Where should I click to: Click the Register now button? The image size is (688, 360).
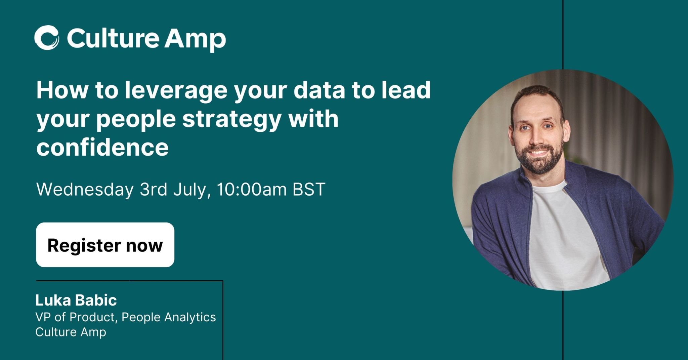(x=105, y=245)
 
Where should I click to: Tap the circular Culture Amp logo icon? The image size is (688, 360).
(x=47, y=38)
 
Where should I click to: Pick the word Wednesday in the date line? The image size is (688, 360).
(x=85, y=189)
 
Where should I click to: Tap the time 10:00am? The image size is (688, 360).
(x=252, y=189)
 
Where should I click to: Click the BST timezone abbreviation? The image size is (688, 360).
(x=309, y=189)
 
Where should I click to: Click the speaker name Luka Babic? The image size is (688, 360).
(x=76, y=300)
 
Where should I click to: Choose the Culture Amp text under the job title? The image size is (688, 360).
(x=71, y=332)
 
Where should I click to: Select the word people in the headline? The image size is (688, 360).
(x=136, y=120)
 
